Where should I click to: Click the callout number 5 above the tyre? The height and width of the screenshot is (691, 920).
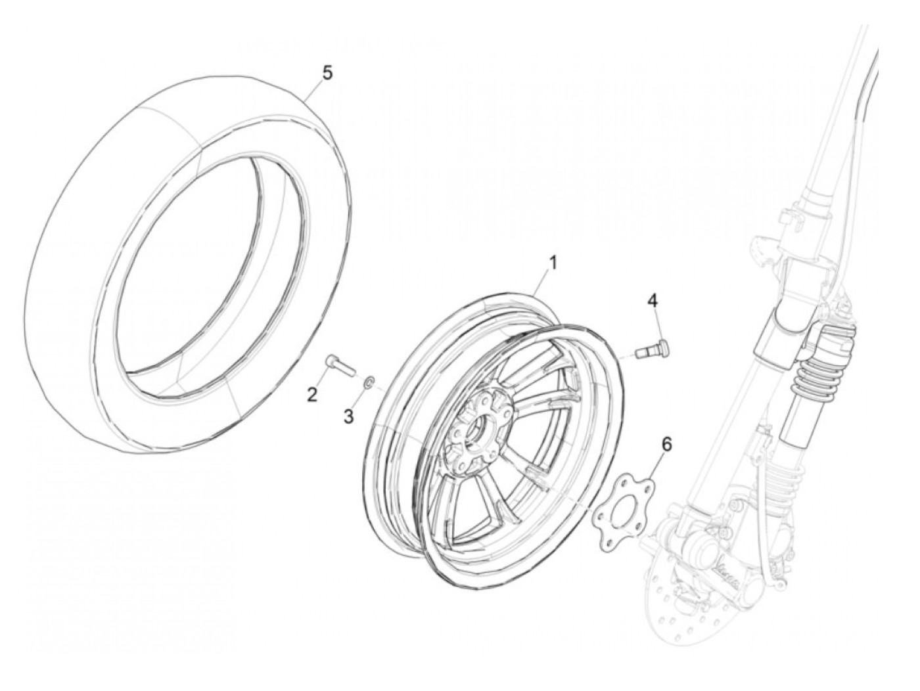coord(327,72)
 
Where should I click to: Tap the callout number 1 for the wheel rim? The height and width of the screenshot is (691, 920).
coord(553,263)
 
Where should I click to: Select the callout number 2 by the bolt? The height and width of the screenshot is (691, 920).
coord(312,394)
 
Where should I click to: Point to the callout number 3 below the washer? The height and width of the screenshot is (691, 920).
coord(349,415)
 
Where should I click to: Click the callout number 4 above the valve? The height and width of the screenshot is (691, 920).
coord(652,301)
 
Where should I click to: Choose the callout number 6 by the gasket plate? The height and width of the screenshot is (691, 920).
coord(666,445)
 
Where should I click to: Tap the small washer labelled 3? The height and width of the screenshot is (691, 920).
coord(370,381)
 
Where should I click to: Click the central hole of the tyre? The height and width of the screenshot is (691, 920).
coord(207,263)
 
